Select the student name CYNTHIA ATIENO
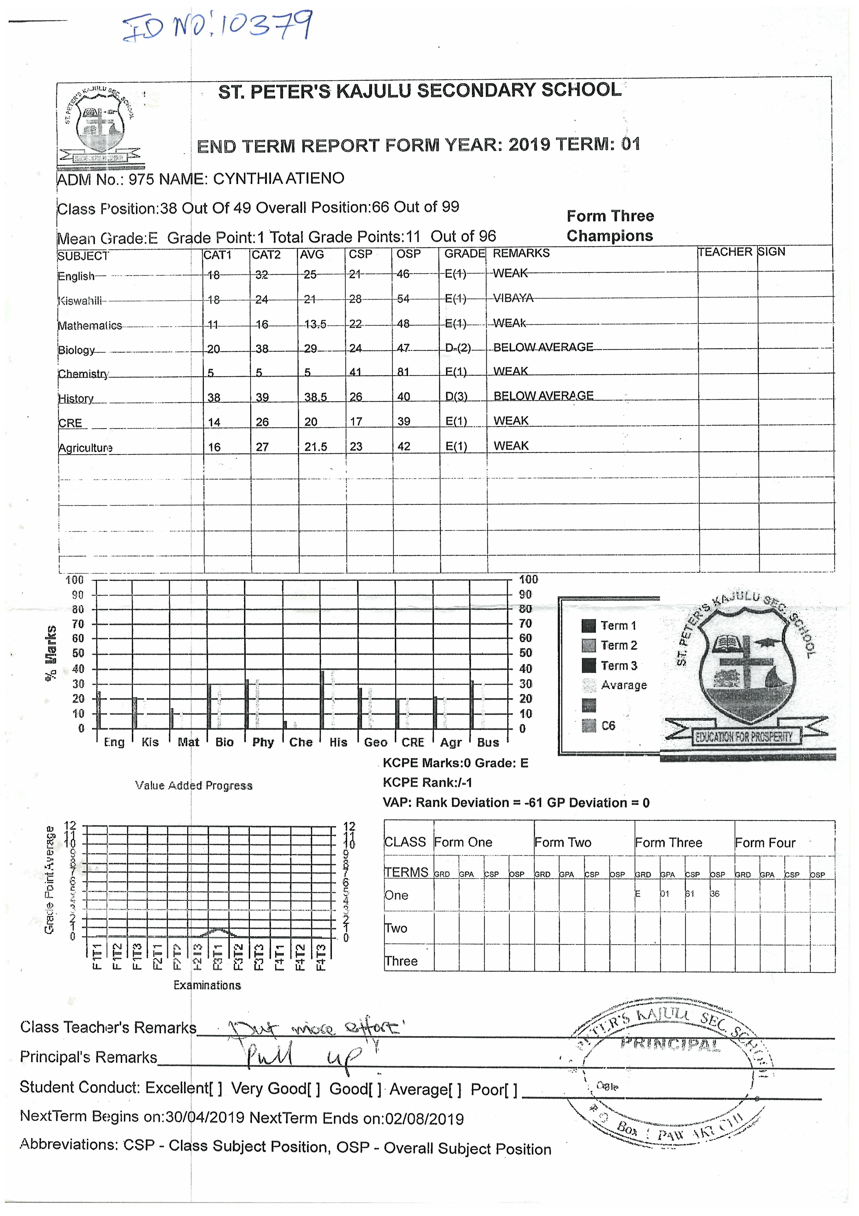tap(278, 178)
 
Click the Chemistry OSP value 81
tap(403, 372)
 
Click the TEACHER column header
tap(724, 252)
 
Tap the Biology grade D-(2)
tap(457, 348)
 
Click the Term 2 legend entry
tap(618, 646)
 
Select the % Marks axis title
tap(51, 653)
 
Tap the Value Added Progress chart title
tap(194, 785)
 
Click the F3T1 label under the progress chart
tap(217, 957)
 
